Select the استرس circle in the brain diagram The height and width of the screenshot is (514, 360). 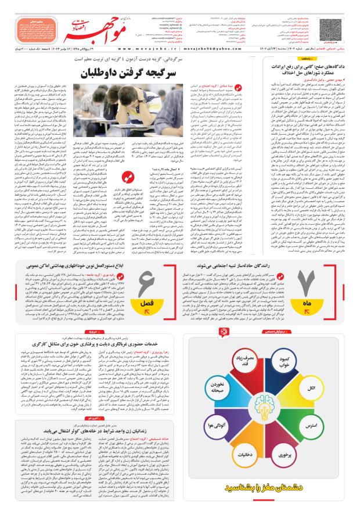pyautogui.click(x=311, y=426)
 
